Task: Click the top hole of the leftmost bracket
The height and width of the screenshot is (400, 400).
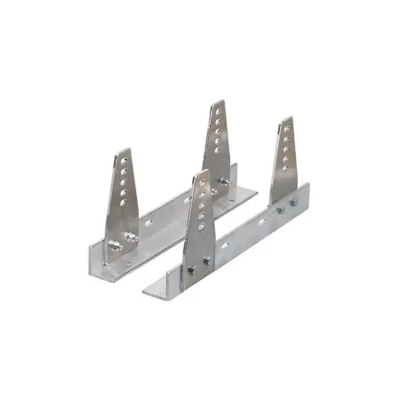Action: click(124, 163)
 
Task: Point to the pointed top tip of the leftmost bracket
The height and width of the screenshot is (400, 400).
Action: click(126, 150)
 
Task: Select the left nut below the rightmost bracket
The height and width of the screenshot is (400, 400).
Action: click(280, 212)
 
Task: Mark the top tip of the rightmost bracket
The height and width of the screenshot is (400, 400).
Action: click(286, 118)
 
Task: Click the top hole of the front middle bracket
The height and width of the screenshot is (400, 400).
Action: click(203, 184)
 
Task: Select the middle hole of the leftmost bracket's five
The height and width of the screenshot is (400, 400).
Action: click(122, 186)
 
